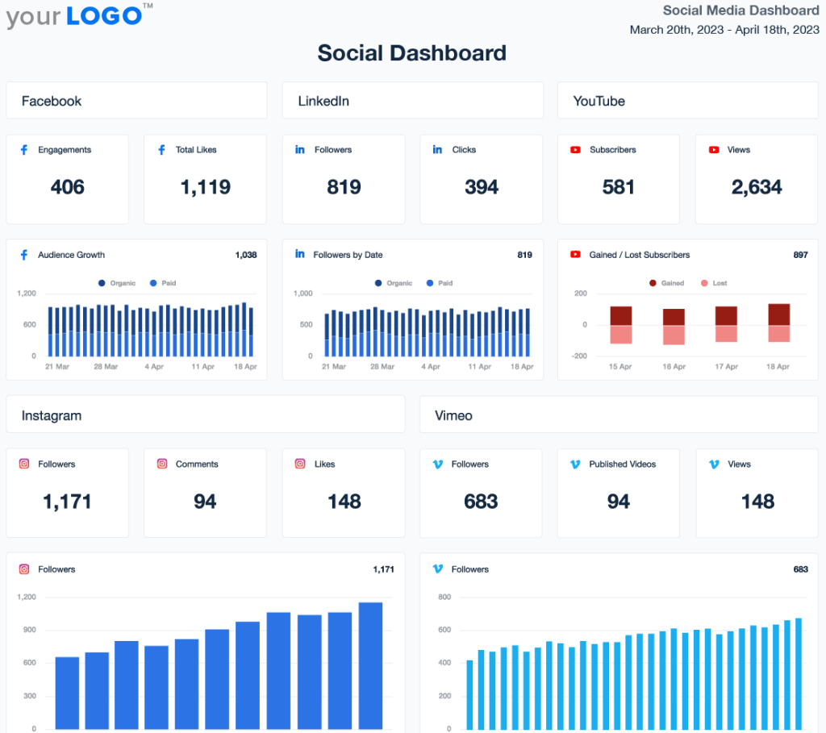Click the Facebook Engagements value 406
67,187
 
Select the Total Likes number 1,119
205,187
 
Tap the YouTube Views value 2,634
757,187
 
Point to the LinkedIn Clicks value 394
481,187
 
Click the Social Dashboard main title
412,53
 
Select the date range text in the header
724,30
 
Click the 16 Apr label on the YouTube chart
674,367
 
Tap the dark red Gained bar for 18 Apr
779,314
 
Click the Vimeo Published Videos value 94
618,502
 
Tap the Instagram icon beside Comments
162,464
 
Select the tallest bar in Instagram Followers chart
370,665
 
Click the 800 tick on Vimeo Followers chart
444,597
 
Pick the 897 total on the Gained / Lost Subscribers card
800,255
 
